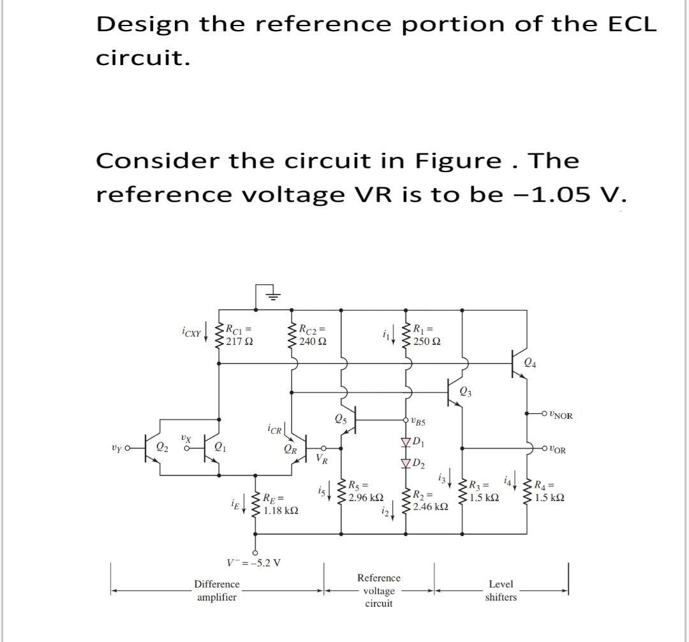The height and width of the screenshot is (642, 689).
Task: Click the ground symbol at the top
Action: pyautogui.click(x=272, y=295)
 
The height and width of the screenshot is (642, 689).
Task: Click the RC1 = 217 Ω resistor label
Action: pyautogui.click(x=241, y=335)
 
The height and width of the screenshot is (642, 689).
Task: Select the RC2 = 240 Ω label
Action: pyautogui.click(x=313, y=335)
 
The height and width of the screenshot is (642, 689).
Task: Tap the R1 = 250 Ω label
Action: pyautogui.click(x=427, y=335)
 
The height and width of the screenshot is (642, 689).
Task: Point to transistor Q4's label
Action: pyautogui.click(x=529, y=363)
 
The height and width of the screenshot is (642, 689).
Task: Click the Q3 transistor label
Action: pyautogui.click(x=466, y=391)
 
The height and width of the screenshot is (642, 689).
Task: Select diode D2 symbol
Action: pyautogui.click(x=404, y=462)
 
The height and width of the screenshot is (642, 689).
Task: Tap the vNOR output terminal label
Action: pyautogui.click(x=560, y=416)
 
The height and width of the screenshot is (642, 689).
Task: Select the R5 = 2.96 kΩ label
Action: pyautogui.click(x=365, y=491)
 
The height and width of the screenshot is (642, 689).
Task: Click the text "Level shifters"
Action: pyautogui.click(x=501, y=590)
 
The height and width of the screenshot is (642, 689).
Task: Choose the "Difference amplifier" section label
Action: pyautogui.click(x=217, y=590)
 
